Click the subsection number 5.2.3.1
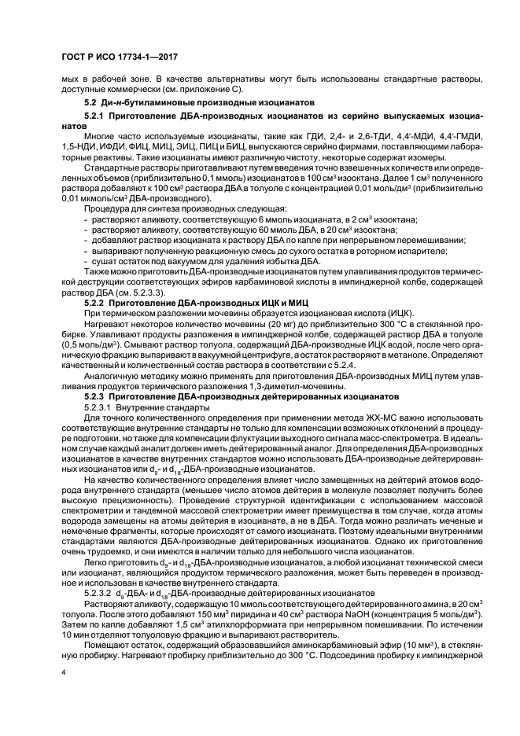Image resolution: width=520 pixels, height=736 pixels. point(100,408)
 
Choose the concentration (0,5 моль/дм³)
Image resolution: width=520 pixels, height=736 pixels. point(92,344)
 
